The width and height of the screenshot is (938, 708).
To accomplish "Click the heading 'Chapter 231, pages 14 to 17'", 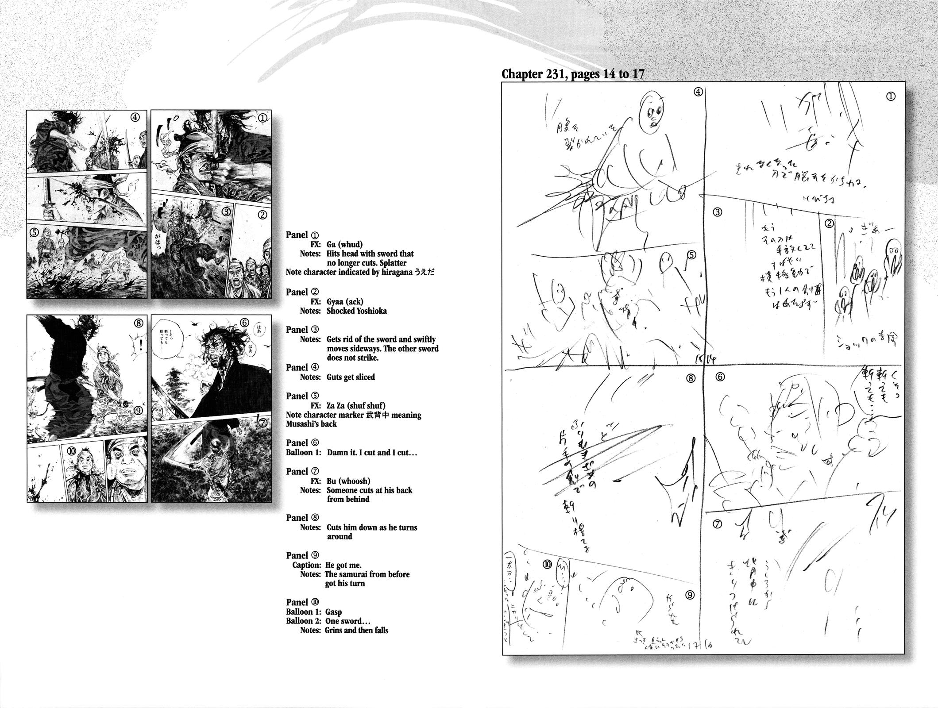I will click(572, 74).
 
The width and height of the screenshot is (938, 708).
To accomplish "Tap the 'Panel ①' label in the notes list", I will click(302, 235).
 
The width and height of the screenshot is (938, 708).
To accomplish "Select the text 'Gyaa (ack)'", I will click(345, 302).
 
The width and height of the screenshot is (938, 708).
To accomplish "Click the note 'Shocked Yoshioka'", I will click(356, 311).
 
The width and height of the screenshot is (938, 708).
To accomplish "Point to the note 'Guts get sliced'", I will click(351, 377).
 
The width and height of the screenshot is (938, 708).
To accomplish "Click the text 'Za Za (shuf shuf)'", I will click(356, 406).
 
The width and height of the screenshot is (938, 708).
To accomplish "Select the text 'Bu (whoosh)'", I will click(348, 481).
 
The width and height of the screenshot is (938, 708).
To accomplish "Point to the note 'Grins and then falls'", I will click(357, 630).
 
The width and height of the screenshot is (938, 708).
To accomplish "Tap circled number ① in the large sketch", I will click(891, 96).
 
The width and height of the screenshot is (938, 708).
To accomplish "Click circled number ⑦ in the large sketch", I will click(718, 524).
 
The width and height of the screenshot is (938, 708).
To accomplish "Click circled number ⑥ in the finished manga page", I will click(257, 323).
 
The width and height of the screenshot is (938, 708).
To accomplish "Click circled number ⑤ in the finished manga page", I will click(33, 231).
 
